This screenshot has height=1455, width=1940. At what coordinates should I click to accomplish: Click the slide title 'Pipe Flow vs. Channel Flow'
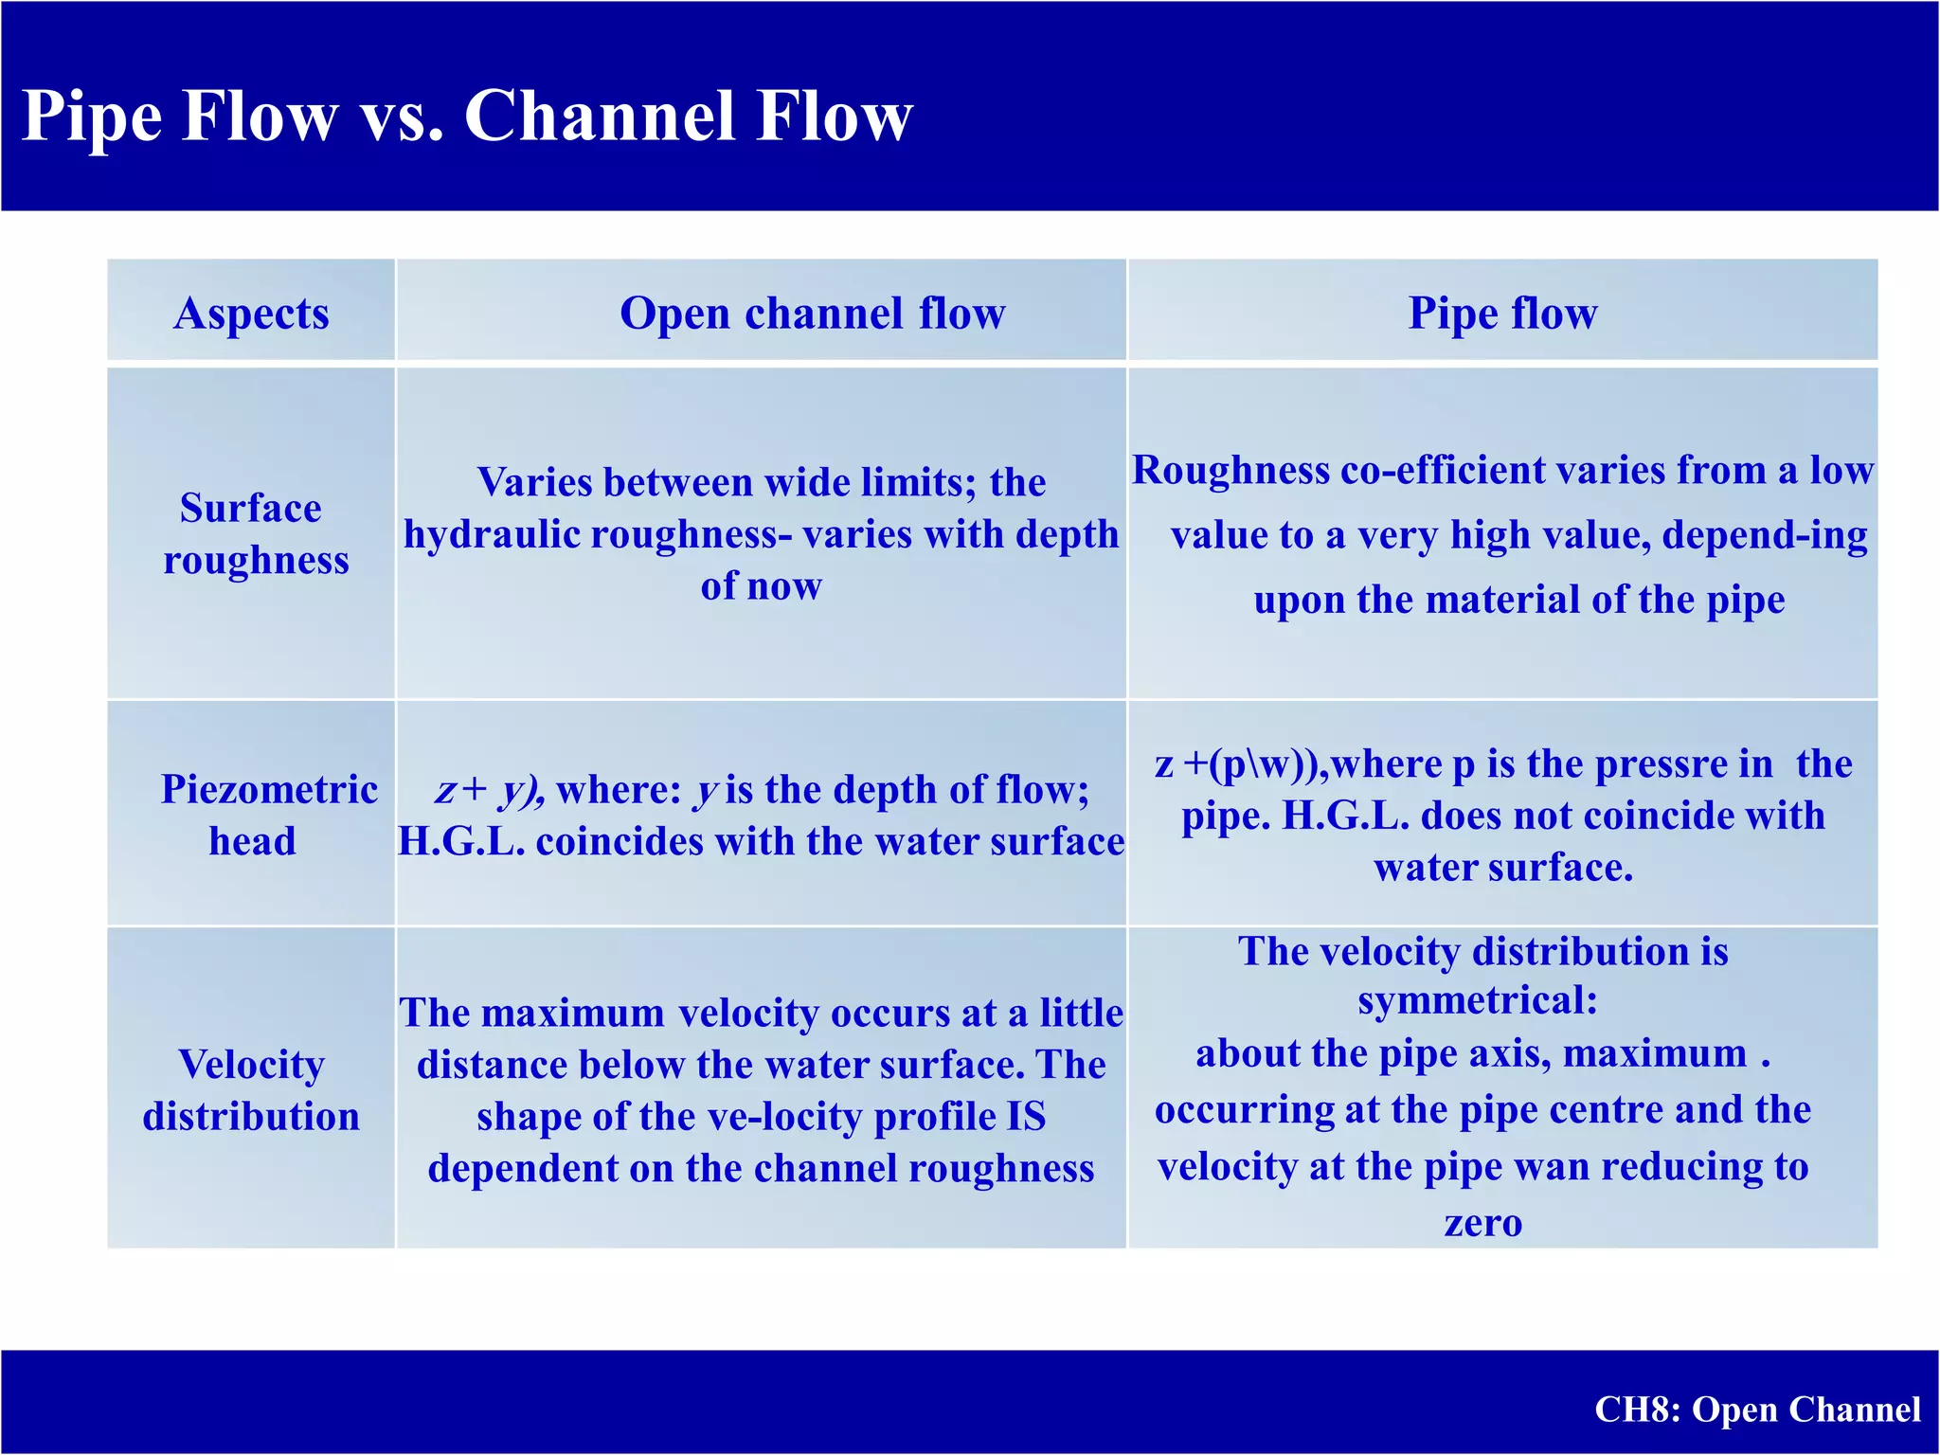pyautogui.click(x=466, y=116)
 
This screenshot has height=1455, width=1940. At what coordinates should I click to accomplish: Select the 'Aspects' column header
pyautogui.click(x=251, y=313)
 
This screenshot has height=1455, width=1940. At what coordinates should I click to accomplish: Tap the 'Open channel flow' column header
pyautogui.click(x=812, y=313)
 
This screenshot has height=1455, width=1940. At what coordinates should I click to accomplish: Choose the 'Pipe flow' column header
pyautogui.click(x=1502, y=313)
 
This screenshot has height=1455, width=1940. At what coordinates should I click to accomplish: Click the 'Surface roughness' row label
pyautogui.click(x=254, y=534)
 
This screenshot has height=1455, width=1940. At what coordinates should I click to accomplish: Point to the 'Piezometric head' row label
pyautogui.click(x=268, y=815)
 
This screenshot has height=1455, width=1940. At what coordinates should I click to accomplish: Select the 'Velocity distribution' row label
pyautogui.click(x=251, y=1090)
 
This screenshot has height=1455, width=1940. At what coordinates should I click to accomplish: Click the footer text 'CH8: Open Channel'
pyautogui.click(x=1757, y=1410)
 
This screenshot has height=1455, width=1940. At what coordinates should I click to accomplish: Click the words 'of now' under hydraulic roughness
pyautogui.click(x=761, y=586)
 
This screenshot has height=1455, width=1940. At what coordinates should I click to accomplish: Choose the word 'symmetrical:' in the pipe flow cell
pyautogui.click(x=1478, y=1000)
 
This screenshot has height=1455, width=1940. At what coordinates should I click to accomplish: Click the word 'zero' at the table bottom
pyautogui.click(x=1482, y=1223)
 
